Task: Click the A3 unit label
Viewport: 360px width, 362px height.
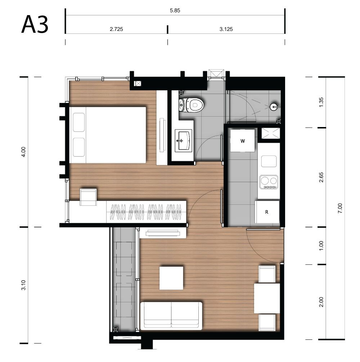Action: coord(35,24)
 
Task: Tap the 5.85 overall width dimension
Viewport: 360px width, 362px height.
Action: coord(175,10)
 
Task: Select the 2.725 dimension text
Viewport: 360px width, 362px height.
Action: coord(116,29)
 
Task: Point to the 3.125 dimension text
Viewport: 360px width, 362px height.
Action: coord(226,29)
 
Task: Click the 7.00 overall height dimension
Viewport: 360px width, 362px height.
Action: coord(340,208)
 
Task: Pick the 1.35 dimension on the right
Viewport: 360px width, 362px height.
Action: coord(321,102)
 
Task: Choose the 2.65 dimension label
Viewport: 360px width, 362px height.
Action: coord(321,177)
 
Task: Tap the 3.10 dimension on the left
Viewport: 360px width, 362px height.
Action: coord(23,285)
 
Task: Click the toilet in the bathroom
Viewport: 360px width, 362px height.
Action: coord(192,105)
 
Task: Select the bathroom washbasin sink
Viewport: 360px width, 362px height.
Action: coord(183,140)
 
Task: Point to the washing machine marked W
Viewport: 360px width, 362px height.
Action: coord(243,141)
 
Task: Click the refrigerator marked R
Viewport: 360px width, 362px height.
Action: coord(267,212)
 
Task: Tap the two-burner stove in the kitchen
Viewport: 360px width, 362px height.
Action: coord(269,182)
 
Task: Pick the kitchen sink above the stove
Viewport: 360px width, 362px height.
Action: coord(269,161)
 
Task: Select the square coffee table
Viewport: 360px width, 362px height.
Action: coord(171,278)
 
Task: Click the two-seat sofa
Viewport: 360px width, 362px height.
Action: coord(171,316)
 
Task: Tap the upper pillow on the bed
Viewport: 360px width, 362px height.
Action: coord(79,122)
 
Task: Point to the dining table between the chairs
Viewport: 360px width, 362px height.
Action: coord(267,298)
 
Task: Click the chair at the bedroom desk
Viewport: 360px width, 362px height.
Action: coord(88,197)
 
